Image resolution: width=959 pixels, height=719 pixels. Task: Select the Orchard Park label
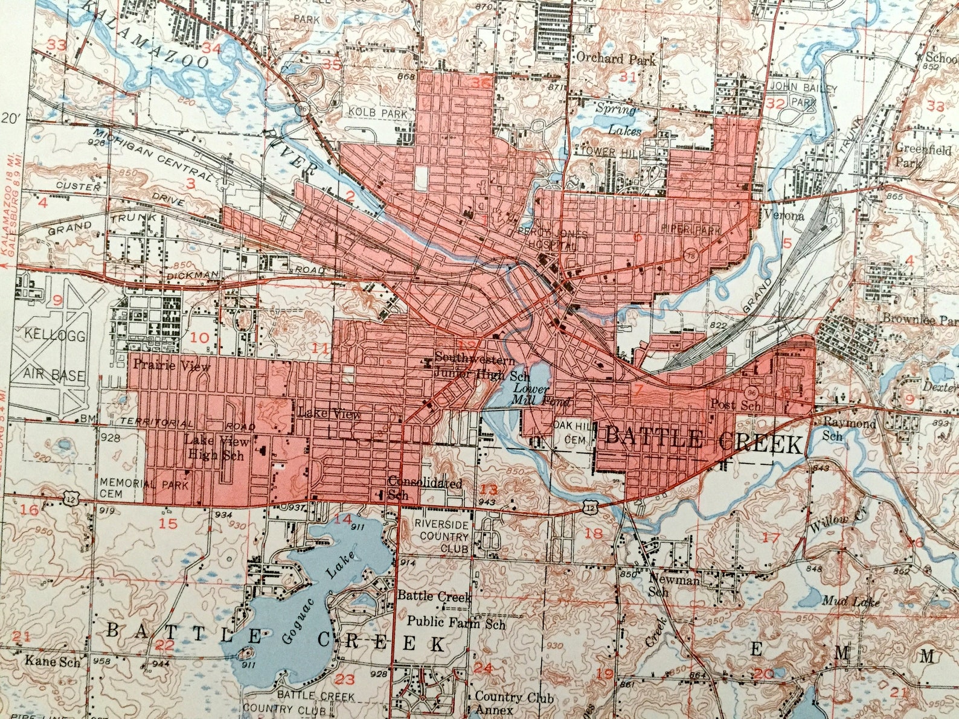coord(616,59)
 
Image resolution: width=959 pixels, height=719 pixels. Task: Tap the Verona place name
coord(784,216)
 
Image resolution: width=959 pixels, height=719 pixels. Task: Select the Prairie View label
coord(172,366)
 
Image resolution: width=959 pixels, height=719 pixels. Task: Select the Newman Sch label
coord(673,584)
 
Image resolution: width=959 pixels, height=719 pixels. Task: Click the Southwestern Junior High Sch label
coord(475,365)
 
